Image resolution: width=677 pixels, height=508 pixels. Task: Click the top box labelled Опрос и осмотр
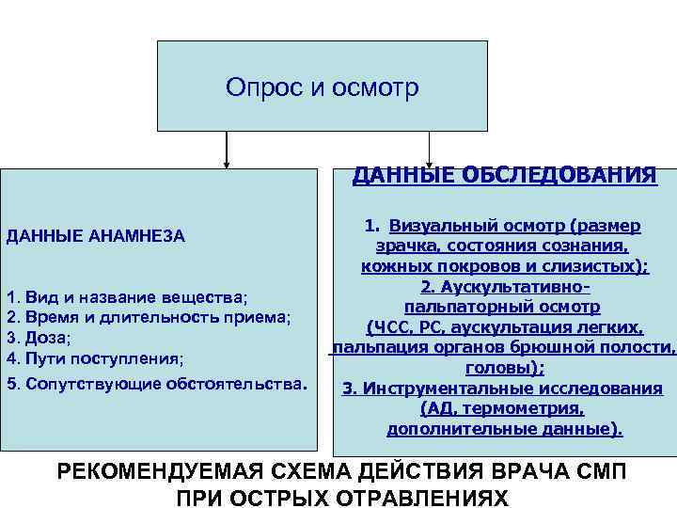(322, 87)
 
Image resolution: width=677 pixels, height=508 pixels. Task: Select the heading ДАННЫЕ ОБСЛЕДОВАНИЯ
(504, 175)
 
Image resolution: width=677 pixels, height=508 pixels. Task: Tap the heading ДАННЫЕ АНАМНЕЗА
(96, 235)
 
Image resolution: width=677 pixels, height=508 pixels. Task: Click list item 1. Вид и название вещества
(128, 297)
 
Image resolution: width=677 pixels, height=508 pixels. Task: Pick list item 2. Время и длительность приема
(149, 317)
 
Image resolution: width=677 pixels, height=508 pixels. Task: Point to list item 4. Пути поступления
(95, 358)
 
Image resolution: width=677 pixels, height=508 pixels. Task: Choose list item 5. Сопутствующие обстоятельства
(156, 384)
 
